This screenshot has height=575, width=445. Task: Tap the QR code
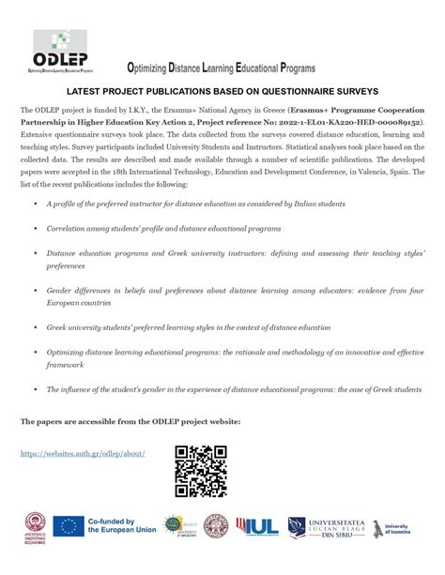coord(201,471)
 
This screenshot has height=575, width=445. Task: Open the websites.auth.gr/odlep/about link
coord(83,453)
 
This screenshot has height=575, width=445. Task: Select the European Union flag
coord(67,526)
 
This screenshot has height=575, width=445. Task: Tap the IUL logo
coord(257,526)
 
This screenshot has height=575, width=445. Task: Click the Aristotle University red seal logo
coord(32,527)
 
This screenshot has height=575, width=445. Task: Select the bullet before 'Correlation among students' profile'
coord(36,228)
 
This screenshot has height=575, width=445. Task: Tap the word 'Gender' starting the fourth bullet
coord(60,290)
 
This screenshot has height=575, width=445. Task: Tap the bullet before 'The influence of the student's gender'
coord(36,389)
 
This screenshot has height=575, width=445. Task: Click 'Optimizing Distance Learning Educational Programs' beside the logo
coord(222,68)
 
